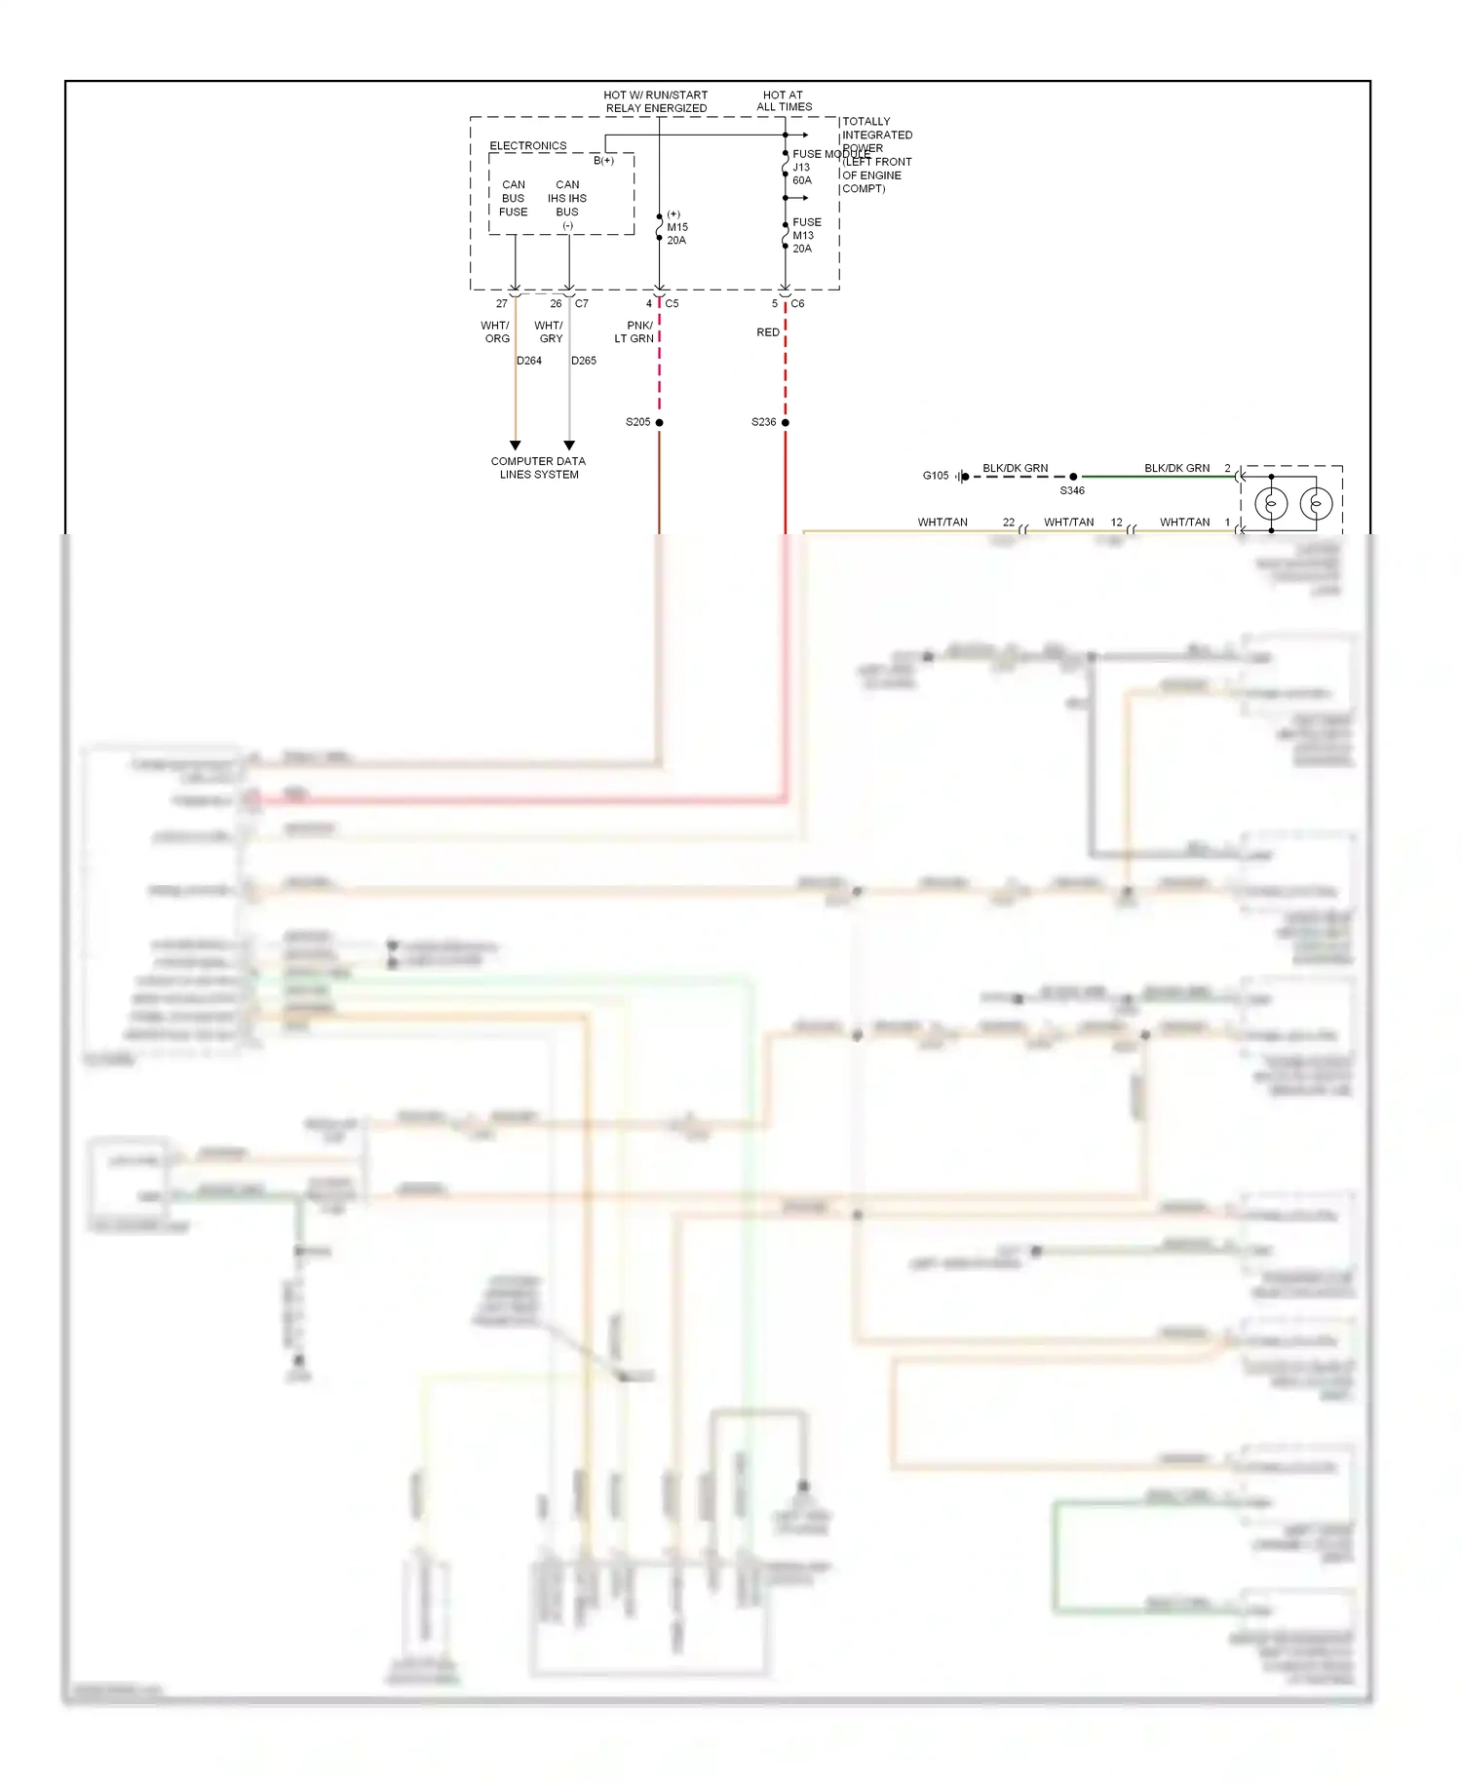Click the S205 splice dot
click(x=659, y=422)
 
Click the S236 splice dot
click(x=785, y=422)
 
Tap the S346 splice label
click(x=1071, y=490)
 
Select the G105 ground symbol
click(x=961, y=476)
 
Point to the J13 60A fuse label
click(x=801, y=174)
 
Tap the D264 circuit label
click(x=529, y=361)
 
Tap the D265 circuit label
click(x=584, y=361)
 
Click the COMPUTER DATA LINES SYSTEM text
click(x=538, y=468)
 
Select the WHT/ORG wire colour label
click(x=495, y=332)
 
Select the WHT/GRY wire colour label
click(x=549, y=332)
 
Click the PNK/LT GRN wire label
click(x=635, y=332)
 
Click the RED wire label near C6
click(x=768, y=332)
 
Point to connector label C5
click(x=672, y=303)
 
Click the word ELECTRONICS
click(x=527, y=146)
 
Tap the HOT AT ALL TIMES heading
click(x=784, y=101)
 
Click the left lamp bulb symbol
click(x=1271, y=504)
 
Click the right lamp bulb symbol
click(x=1316, y=504)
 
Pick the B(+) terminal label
click(x=603, y=161)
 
